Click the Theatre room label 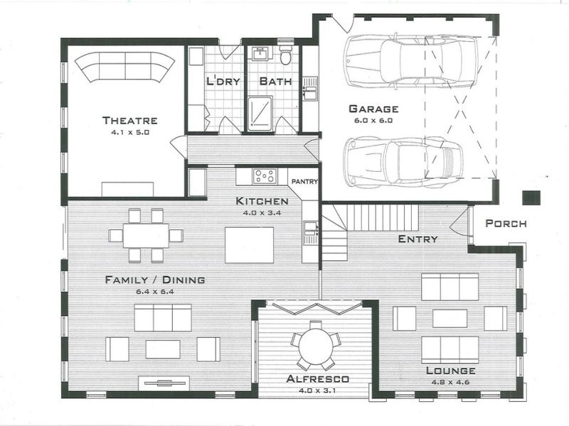(129, 120)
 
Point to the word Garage (373, 109)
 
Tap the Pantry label (304, 181)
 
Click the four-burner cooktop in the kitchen (265, 175)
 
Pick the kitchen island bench (249, 245)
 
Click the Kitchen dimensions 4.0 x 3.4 (262, 212)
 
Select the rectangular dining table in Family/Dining (145, 235)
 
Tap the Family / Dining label (154, 280)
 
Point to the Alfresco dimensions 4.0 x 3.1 (315, 390)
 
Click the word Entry (418, 239)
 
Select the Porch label (506, 224)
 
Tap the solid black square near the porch (530, 198)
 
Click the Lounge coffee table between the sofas (450, 318)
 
